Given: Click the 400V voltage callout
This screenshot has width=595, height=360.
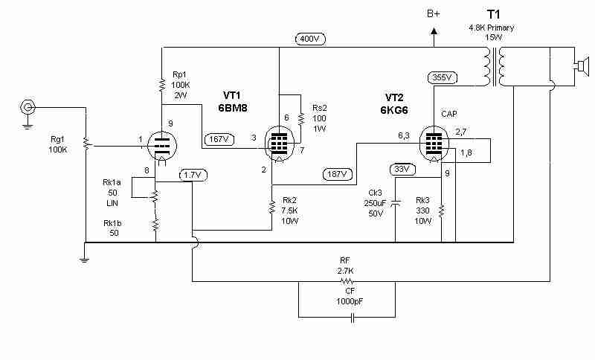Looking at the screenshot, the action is tap(310, 39).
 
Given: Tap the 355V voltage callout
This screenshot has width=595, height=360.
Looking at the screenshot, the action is tap(443, 78).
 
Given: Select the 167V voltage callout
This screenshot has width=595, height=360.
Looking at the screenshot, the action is tap(219, 139).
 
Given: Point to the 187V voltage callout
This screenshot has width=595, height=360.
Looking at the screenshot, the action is tap(338, 174).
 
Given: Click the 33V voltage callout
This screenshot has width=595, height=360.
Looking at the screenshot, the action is tap(402, 169).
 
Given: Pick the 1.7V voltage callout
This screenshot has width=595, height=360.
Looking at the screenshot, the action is tap(193, 176).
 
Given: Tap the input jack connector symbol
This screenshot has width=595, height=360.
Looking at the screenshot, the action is tap(27, 108).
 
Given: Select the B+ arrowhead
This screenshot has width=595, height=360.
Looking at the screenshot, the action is tap(434, 32).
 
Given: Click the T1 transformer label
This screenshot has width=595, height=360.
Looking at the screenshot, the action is tap(493, 14).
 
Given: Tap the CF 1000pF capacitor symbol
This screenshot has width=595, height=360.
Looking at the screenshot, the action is tap(353, 318).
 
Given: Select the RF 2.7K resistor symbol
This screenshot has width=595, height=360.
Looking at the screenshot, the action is tap(347, 281).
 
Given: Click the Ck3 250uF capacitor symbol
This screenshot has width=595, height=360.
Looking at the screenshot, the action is tap(396, 202).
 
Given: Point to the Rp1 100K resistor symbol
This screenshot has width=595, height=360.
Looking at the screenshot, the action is tap(162, 85).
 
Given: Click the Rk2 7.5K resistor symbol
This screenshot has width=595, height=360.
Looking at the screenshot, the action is tap(271, 207).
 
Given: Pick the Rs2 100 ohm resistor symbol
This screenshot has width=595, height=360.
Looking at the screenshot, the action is tap(301, 118).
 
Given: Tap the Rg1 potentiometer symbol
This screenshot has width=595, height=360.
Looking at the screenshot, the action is tap(86, 145).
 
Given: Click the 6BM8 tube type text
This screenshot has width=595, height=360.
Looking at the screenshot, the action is tap(233, 108).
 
